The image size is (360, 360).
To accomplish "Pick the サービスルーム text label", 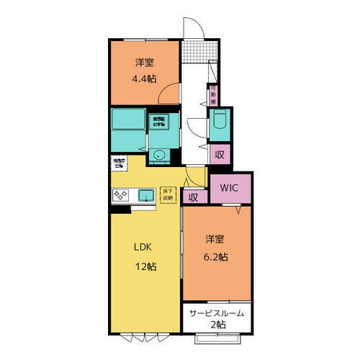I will coord(217,313).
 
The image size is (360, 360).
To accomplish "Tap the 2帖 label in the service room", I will coord(217,326).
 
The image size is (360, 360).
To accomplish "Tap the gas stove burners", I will coord(120,194).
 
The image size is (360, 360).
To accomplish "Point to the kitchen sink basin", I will coord(146,194).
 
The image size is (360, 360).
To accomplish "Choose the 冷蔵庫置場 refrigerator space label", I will coord(118,162).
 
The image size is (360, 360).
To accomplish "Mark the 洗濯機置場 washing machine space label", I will coord(158,122).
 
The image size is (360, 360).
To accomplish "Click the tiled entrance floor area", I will coord(191,51).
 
